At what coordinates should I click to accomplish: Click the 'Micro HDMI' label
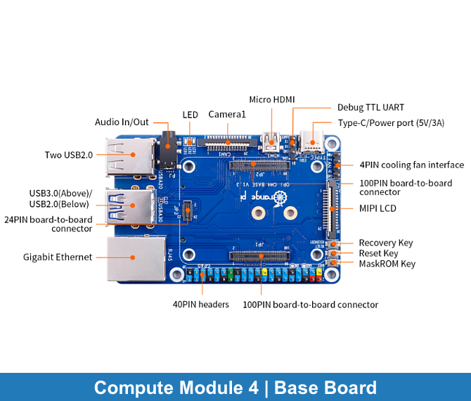click(272, 100)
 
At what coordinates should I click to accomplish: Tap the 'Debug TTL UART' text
click(370, 108)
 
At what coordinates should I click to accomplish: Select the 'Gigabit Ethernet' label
click(58, 257)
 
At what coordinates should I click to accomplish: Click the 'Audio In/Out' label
click(122, 122)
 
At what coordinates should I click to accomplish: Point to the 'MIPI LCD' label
click(378, 209)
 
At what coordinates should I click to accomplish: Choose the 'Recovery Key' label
click(386, 243)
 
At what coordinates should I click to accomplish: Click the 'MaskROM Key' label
click(387, 264)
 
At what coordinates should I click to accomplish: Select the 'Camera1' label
click(227, 114)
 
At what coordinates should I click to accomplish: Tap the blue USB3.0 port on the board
click(130, 206)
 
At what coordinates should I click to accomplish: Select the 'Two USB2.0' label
click(68, 155)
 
